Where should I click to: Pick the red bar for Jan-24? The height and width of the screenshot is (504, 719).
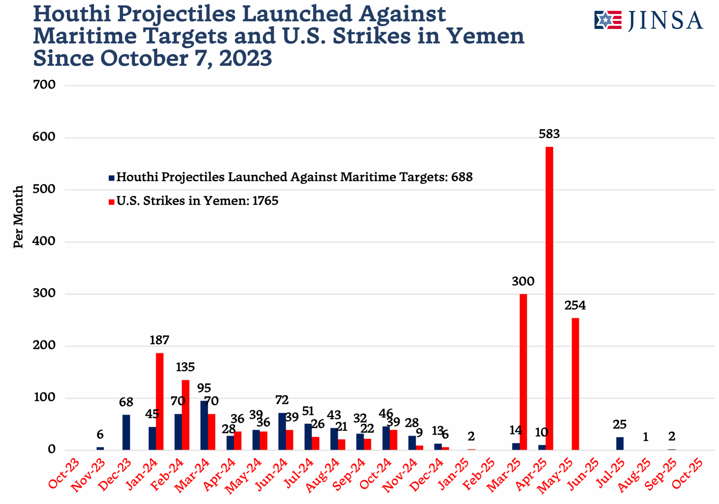(x=160, y=401)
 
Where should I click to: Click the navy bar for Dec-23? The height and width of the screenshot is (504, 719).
(x=126, y=432)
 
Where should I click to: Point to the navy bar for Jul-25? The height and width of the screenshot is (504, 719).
(x=620, y=444)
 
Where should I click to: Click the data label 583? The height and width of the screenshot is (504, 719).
(x=549, y=134)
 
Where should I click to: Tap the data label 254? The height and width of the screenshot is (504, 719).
(x=575, y=305)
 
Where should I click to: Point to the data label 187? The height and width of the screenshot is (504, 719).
(x=160, y=340)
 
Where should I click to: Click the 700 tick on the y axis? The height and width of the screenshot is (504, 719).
(x=44, y=85)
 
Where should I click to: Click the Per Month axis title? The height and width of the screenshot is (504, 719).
(x=19, y=217)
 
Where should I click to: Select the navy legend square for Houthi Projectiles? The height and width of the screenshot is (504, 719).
(x=112, y=178)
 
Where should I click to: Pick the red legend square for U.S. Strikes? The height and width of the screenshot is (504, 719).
(x=112, y=202)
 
